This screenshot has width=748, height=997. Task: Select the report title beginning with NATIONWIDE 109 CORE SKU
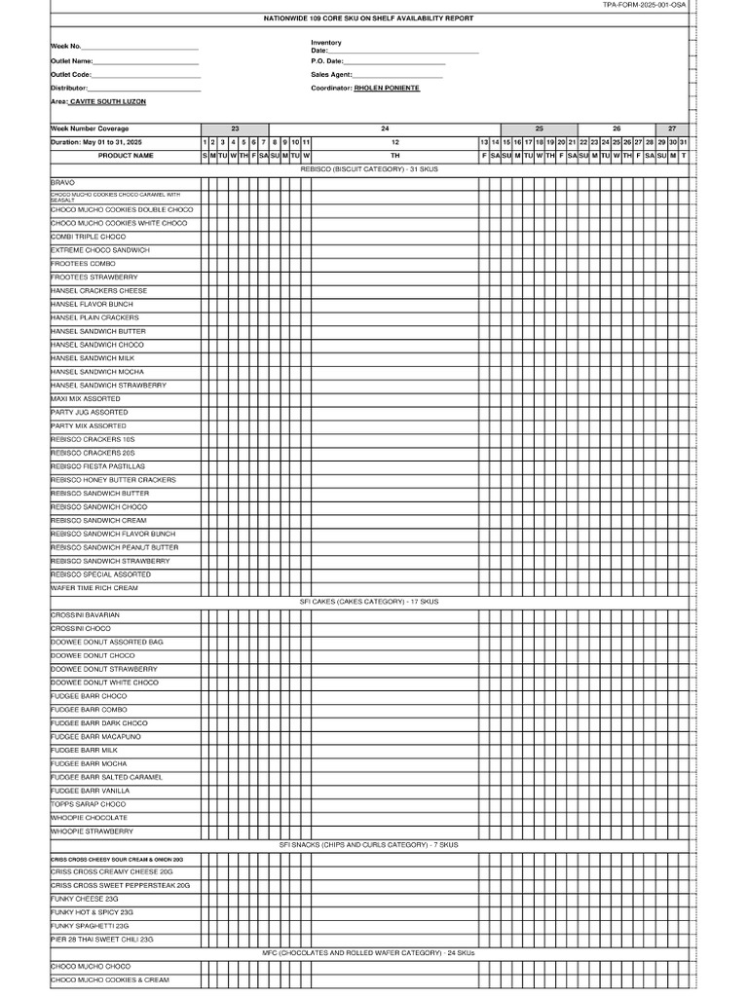[x=368, y=18]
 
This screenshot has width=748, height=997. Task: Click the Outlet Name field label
[x=71, y=60]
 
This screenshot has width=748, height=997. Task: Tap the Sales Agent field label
[x=332, y=74]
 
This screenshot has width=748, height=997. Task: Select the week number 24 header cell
[x=385, y=129]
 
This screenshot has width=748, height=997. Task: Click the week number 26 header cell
[x=617, y=129]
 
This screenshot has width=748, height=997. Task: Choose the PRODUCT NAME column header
[x=126, y=155]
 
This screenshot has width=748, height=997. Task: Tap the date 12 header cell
[x=394, y=142]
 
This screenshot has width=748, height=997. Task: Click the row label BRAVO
[x=62, y=182]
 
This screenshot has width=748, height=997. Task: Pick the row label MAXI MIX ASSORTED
[x=86, y=399]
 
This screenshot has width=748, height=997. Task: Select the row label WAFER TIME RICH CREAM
[x=94, y=588]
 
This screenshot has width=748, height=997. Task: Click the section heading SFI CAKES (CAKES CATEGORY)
[x=369, y=602]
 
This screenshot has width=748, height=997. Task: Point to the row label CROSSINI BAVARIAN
[x=86, y=615]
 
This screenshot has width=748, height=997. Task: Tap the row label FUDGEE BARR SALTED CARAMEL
[x=106, y=778]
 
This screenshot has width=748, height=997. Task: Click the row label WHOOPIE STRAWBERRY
[x=92, y=831]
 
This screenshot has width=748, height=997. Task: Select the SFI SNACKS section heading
[x=368, y=845]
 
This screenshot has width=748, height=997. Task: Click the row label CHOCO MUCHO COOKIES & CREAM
[x=109, y=979]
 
